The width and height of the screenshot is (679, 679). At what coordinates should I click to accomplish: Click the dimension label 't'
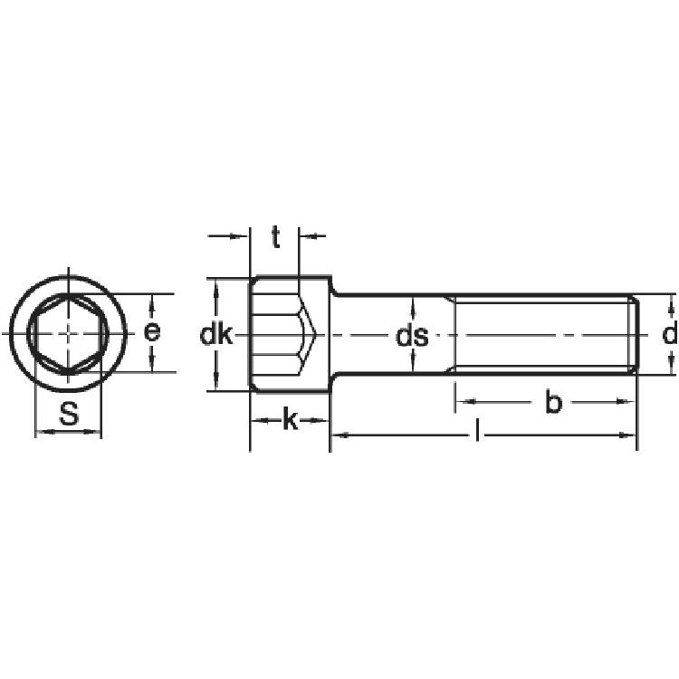click(276, 237)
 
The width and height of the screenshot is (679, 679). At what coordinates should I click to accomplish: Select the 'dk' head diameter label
click(216, 334)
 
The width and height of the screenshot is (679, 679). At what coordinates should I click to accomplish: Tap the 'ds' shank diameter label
click(412, 336)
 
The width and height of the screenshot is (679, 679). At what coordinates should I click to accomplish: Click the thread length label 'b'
click(553, 401)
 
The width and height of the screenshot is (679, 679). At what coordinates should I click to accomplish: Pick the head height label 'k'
click(291, 419)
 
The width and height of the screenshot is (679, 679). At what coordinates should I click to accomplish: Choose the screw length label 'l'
click(477, 430)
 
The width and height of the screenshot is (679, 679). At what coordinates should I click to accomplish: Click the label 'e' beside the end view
click(152, 332)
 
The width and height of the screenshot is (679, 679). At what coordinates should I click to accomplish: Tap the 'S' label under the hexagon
click(70, 413)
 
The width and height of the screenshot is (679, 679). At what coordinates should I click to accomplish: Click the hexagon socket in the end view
click(68, 334)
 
